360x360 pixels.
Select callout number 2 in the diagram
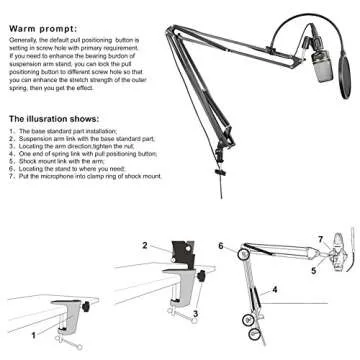(145, 246)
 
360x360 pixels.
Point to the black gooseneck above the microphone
(281, 29)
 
